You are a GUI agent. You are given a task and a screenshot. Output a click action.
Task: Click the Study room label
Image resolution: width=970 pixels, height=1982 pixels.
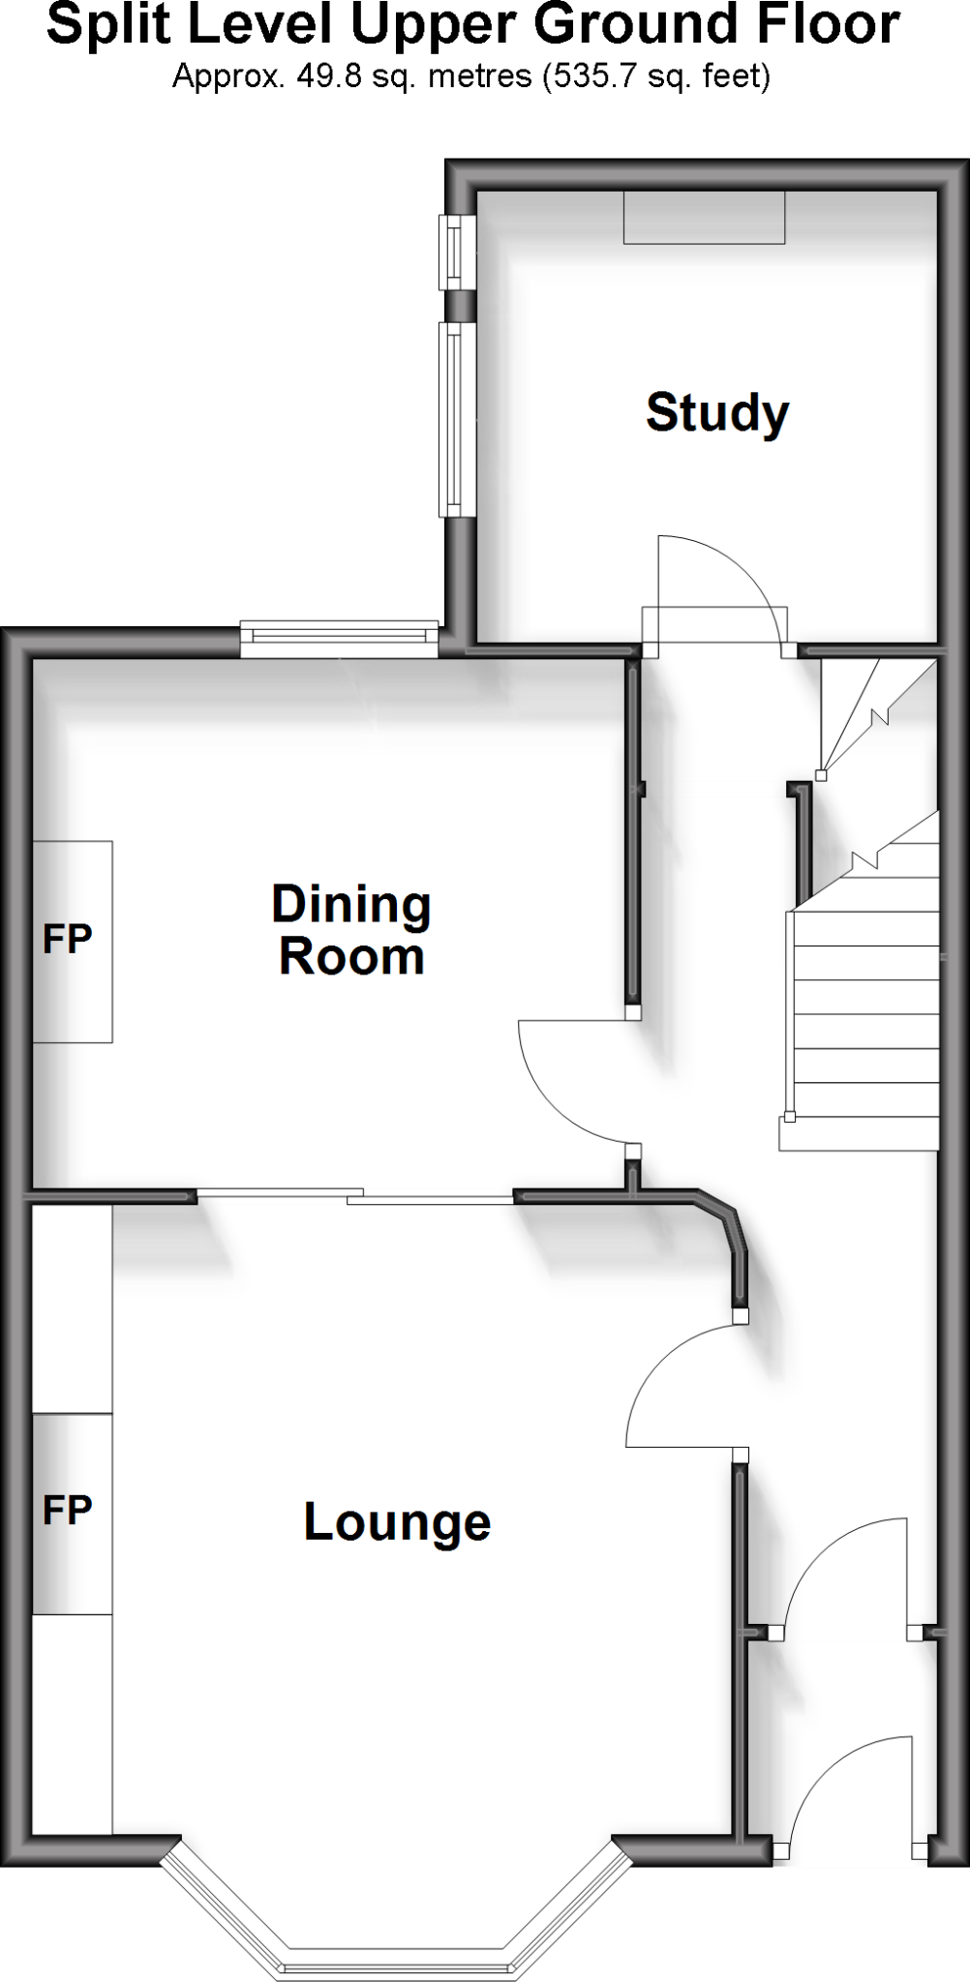coord(717,413)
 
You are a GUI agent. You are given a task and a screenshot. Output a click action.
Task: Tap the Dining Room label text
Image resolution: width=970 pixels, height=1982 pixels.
coord(350,930)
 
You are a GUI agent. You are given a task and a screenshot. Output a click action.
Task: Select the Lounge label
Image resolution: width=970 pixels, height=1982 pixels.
coord(397,1522)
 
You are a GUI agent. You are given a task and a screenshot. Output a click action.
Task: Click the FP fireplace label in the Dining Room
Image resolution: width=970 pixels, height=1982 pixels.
coord(68,939)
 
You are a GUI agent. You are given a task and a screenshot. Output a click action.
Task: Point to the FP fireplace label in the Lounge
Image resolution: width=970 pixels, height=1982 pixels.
coord(68,1510)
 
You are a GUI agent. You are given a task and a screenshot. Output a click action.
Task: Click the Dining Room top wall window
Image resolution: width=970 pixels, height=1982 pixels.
coord(339,636)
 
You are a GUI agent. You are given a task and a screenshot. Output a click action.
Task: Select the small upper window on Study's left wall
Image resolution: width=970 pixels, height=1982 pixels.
coord(453,252)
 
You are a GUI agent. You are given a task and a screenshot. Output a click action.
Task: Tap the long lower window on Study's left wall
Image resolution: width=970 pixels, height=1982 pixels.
coord(453,418)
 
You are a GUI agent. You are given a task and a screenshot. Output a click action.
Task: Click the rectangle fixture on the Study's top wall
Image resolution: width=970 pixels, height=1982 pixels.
coord(704,218)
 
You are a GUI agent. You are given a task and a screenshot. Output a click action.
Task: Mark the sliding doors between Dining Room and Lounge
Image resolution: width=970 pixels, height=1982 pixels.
coord(355,1196)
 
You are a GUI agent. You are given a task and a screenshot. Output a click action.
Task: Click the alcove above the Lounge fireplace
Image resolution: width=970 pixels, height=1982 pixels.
coord(73,1308)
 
